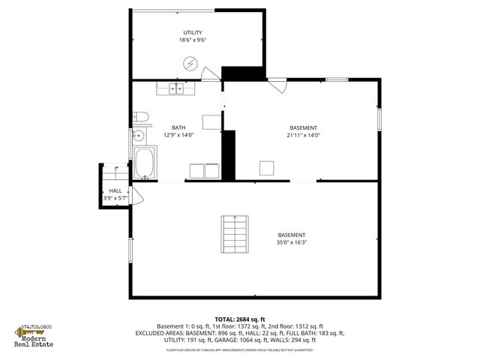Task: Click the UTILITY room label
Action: (193, 32)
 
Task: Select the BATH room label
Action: (178, 127)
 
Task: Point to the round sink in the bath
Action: (139, 136)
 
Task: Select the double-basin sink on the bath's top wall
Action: (176, 89)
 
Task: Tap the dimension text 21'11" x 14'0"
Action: (303, 135)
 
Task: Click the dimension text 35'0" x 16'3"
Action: (291, 242)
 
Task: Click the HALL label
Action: (115, 191)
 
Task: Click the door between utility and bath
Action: (211, 73)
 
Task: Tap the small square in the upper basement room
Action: (266, 167)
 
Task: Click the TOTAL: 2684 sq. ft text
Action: (240, 319)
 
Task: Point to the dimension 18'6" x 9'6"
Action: (193, 40)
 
